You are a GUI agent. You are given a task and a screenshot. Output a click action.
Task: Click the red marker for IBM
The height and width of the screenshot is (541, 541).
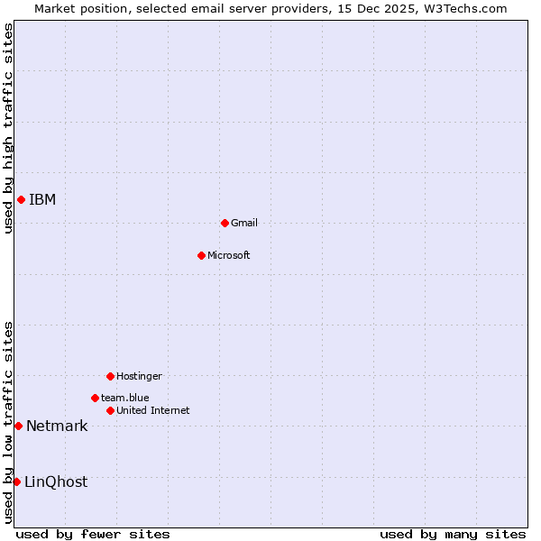tap(21, 199)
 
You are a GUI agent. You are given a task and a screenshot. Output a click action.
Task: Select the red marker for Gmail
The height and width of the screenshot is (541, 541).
tap(225, 223)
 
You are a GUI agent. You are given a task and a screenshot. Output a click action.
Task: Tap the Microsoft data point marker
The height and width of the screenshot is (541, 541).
tap(201, 255)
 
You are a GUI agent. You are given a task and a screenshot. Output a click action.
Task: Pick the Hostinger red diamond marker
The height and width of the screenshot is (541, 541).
tap(110, 376)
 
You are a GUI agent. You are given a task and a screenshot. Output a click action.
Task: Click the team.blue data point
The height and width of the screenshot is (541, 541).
tap(95, 398)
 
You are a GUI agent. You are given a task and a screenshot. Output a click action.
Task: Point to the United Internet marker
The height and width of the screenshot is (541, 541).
tap(110, 410)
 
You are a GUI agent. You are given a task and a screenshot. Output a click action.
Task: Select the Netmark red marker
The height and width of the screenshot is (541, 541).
tap(18, 426)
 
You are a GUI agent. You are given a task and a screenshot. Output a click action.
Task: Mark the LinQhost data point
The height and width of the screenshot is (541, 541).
tap(16, 481)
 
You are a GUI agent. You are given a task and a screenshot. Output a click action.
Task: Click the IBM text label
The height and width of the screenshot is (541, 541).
tap(42, 200)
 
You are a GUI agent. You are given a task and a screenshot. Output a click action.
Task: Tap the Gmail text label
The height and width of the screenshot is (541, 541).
tap(244, 223)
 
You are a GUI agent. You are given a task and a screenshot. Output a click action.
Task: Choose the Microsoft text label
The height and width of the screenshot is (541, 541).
tap(229, 255)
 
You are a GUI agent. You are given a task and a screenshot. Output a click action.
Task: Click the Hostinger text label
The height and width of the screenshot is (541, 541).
tap(139, 376)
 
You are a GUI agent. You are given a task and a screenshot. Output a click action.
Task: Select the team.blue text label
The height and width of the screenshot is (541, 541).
tap(125, 398)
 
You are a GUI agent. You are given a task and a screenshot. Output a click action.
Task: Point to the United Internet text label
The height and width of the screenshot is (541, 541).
tap(153, 410)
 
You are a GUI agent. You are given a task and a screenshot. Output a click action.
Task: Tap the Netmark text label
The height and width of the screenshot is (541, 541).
tap(57, 426)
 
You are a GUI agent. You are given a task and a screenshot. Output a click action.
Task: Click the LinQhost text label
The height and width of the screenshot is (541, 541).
tap(56, 482)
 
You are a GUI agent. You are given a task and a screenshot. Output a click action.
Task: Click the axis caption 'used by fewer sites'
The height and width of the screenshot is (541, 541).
tap(93, 534)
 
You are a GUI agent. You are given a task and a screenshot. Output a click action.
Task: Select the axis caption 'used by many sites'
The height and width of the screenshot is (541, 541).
tap(453, 534)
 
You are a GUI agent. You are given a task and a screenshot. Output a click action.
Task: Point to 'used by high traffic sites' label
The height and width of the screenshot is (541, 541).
tap(8, 128)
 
